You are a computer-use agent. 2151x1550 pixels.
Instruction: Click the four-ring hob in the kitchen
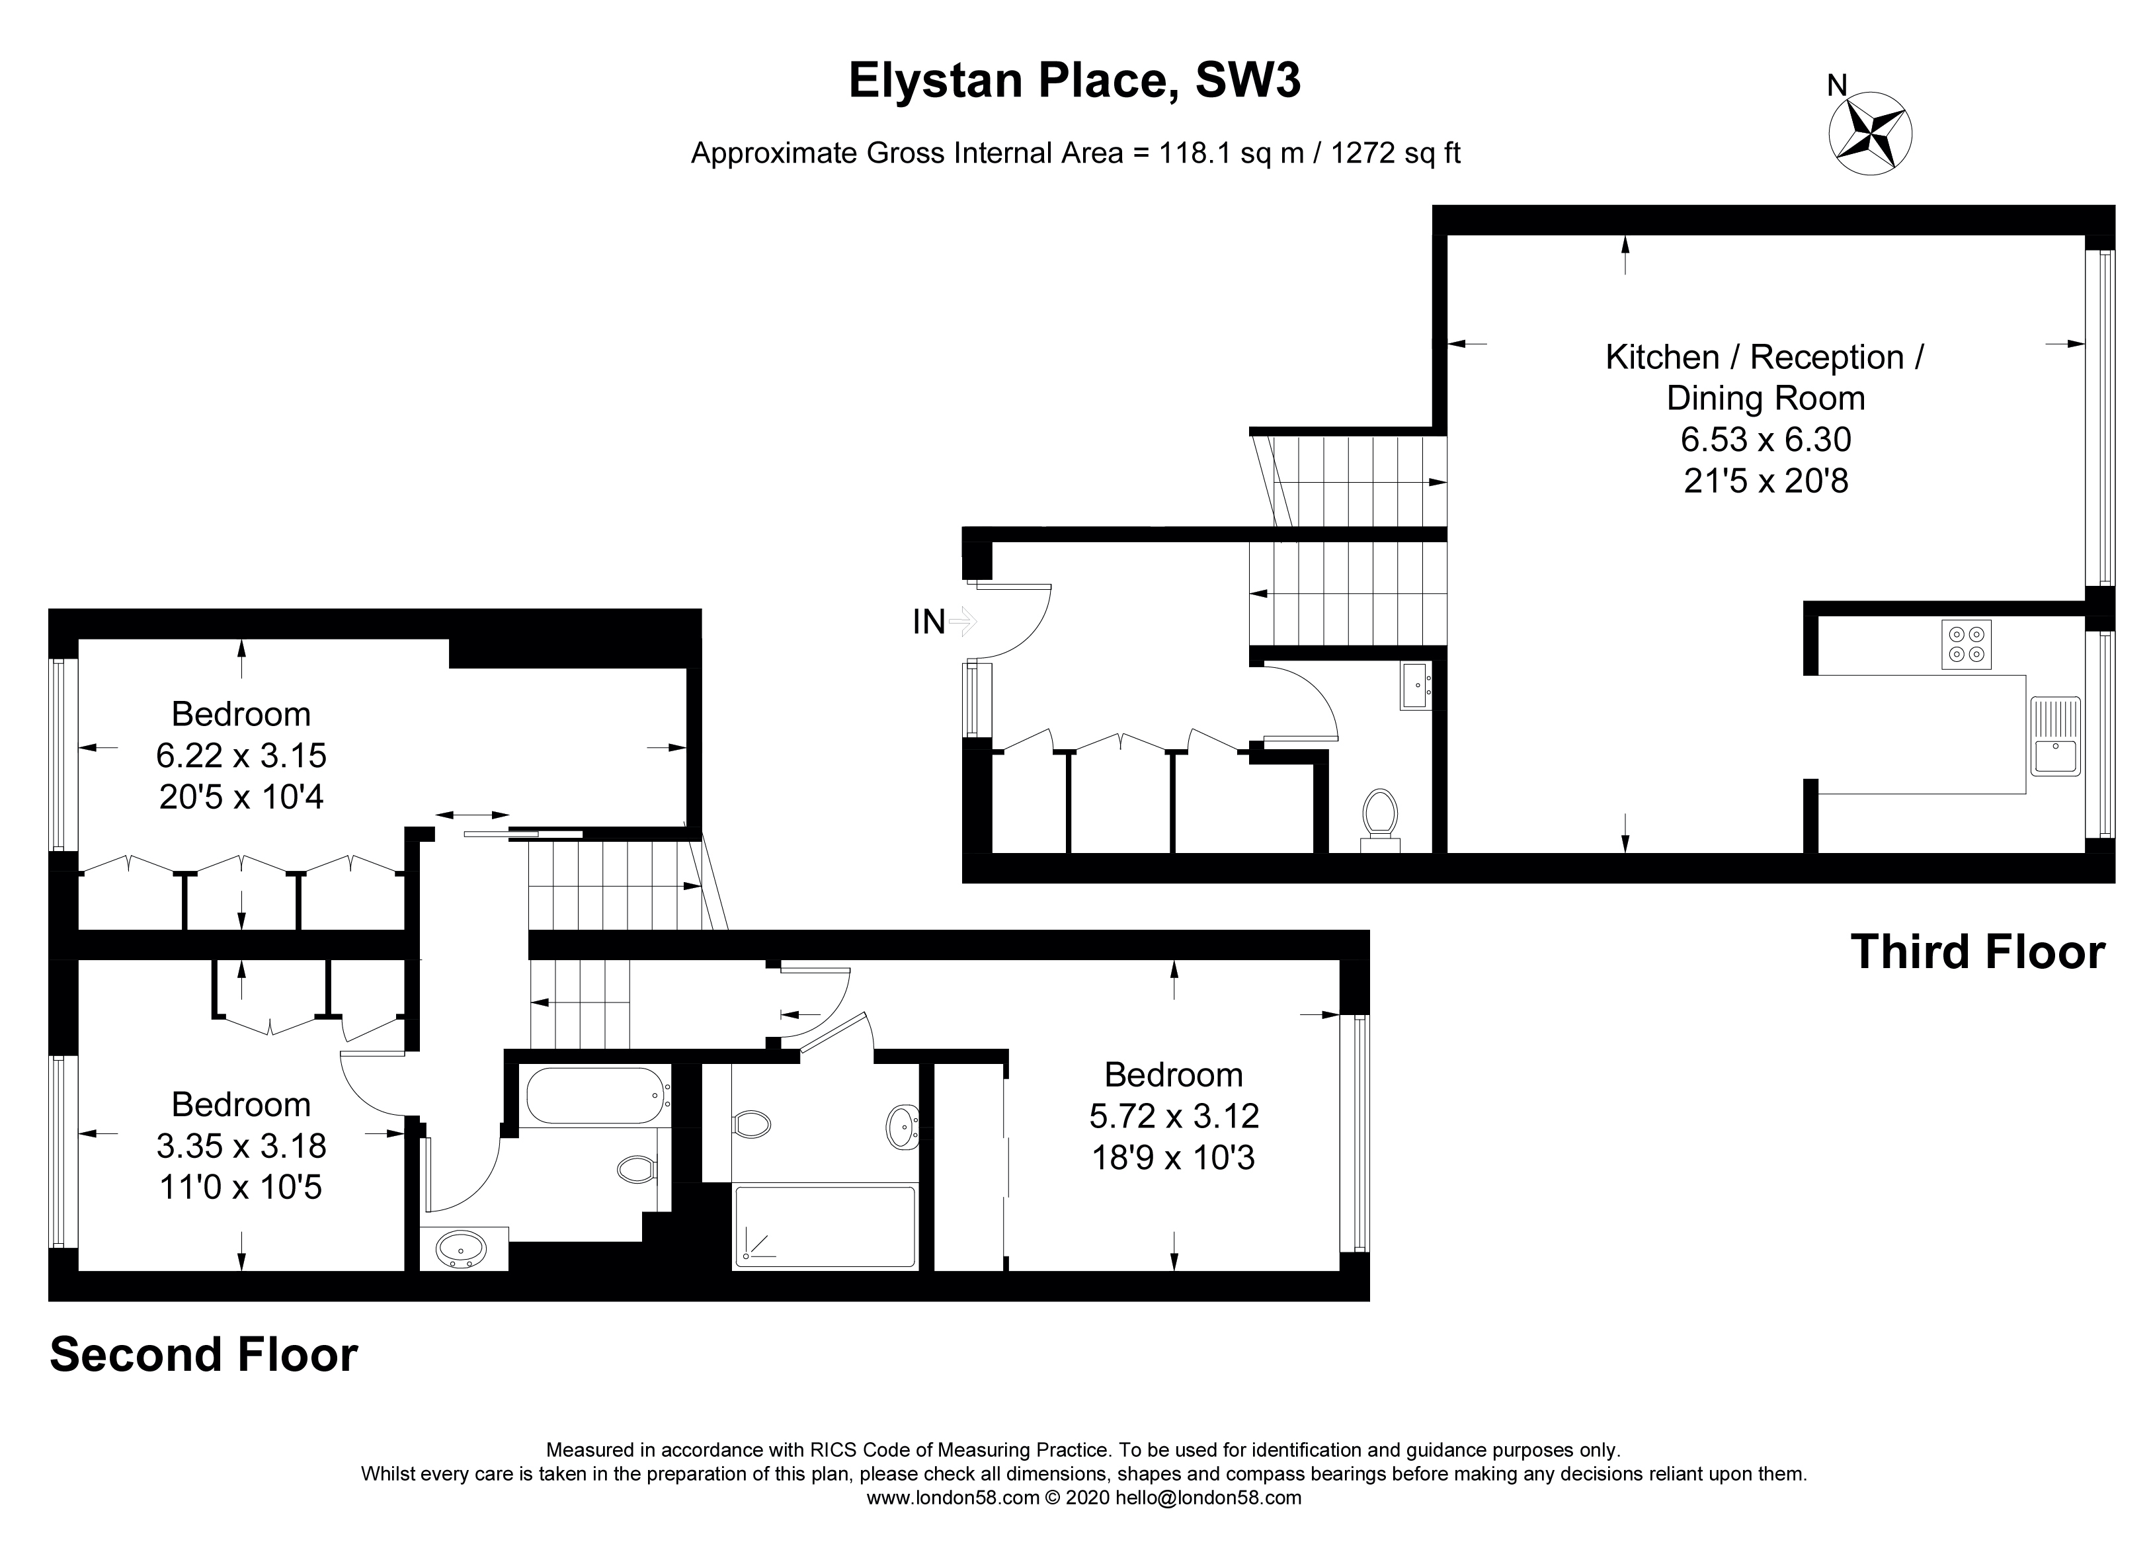click(1966, 644)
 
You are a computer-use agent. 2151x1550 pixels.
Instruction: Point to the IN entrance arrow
click(961, 622)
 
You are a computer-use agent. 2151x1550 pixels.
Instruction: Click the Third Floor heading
click(1978, 952)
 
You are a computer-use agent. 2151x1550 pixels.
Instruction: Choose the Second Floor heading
click(204, 1354)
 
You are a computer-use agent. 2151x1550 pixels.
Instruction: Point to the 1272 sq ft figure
click(1395, 153)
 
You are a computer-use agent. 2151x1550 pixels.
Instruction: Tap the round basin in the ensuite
click(902, 1127)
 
